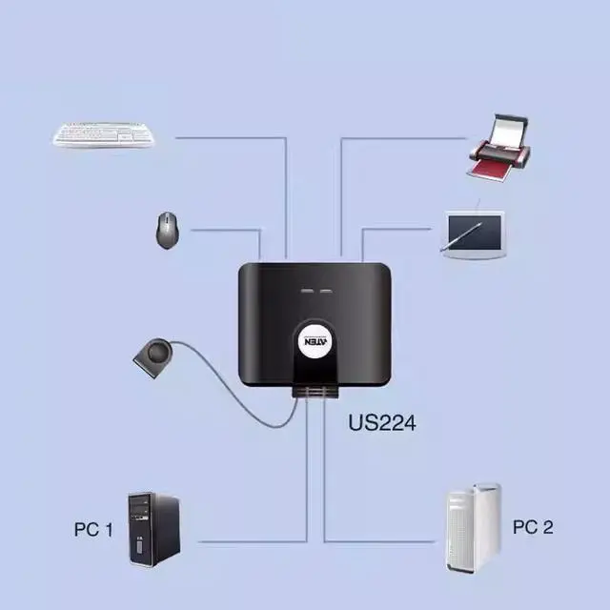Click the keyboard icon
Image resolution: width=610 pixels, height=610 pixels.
(102, 134)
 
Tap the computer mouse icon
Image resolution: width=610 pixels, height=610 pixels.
(167, 230)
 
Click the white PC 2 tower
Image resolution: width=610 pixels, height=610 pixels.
(474, 528)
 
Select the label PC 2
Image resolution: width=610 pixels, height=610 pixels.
(533, 527)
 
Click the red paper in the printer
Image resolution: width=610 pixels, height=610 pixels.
(493, 170)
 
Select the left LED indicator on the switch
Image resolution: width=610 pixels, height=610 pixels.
(306, 289)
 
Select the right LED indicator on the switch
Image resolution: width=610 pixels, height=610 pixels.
(326, 289)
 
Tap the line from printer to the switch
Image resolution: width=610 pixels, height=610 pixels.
(400, 137)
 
